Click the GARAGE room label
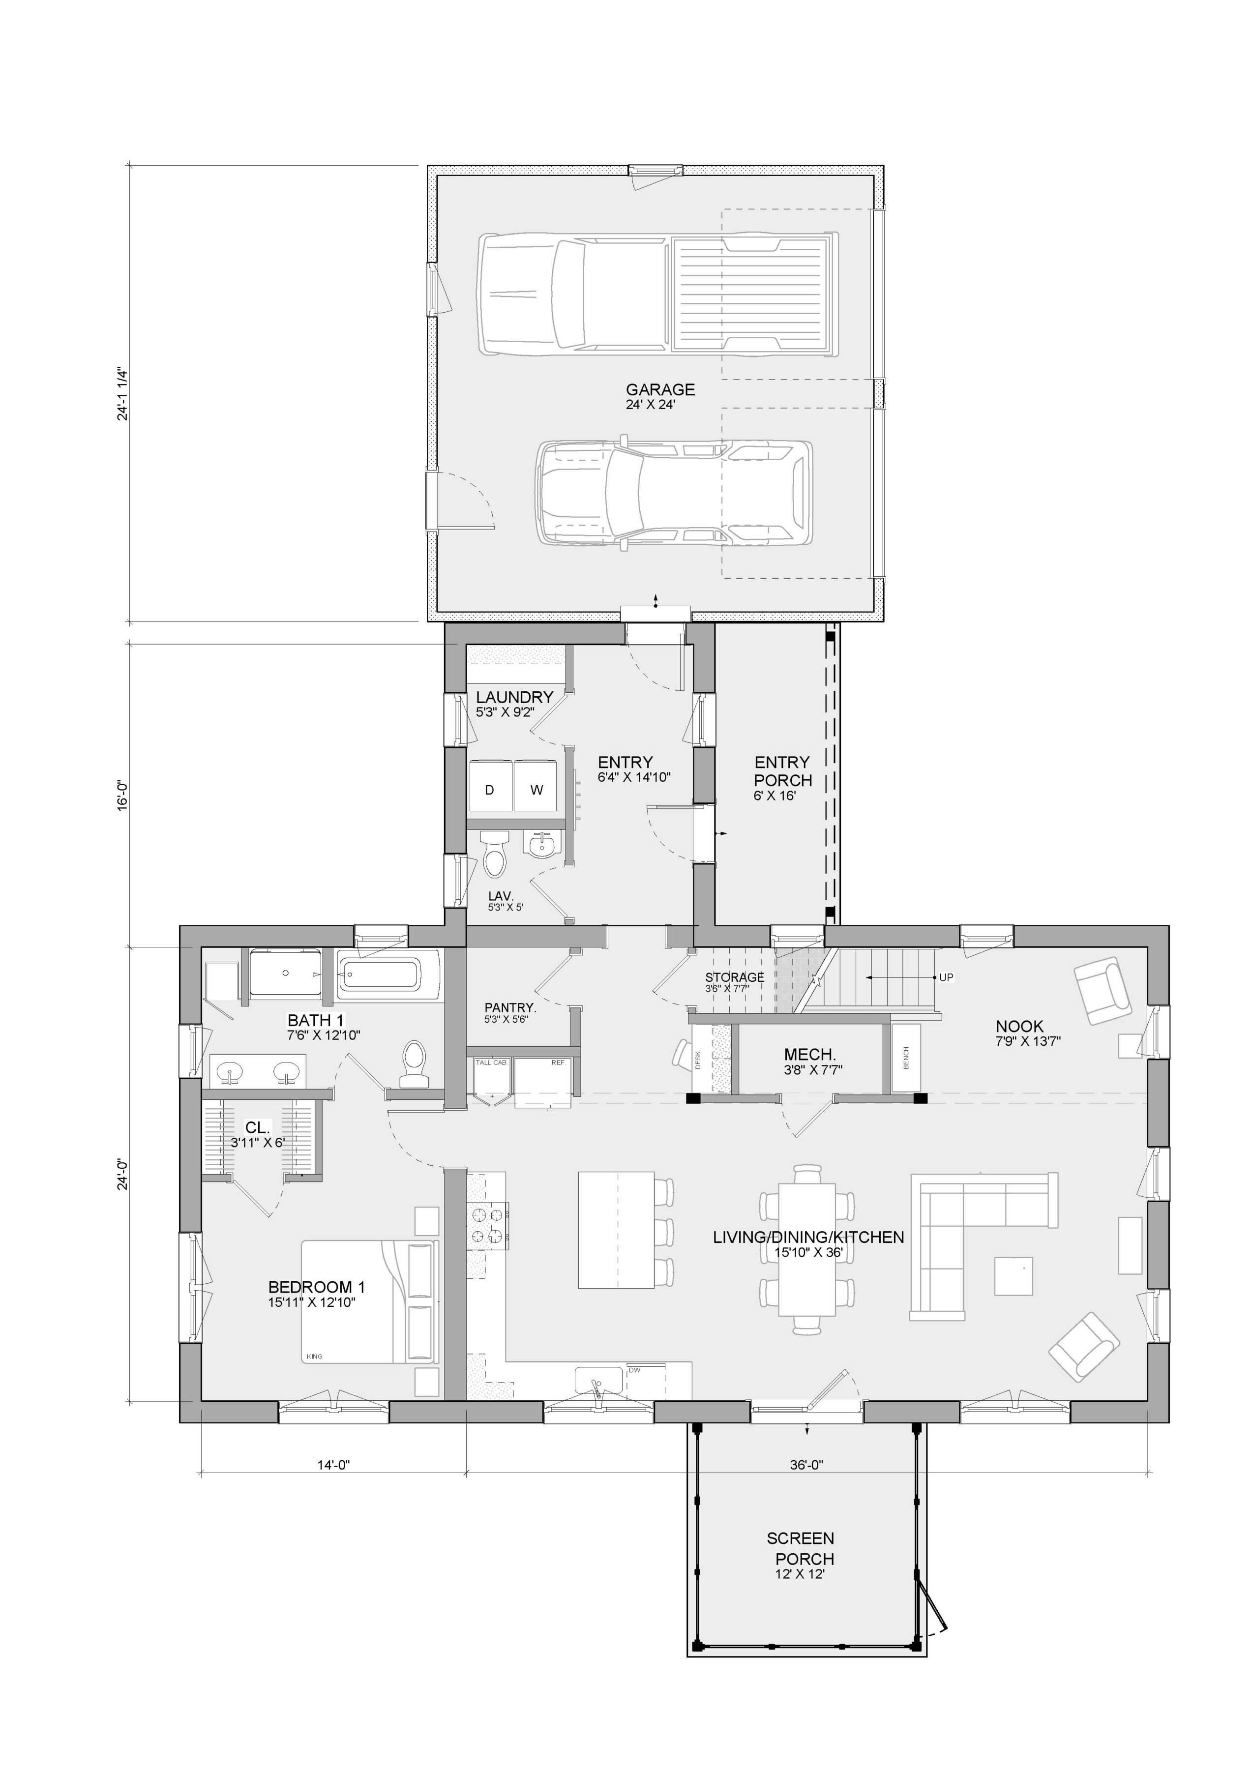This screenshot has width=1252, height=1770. point(660,390)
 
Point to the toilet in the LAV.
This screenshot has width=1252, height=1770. point(493,854)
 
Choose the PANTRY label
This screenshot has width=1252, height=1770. point(509,1007)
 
